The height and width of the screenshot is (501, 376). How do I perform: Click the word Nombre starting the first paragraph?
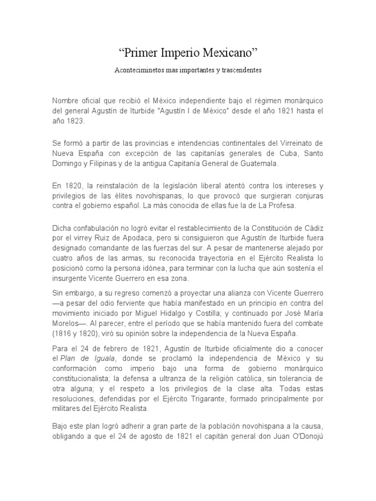[66, 100]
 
